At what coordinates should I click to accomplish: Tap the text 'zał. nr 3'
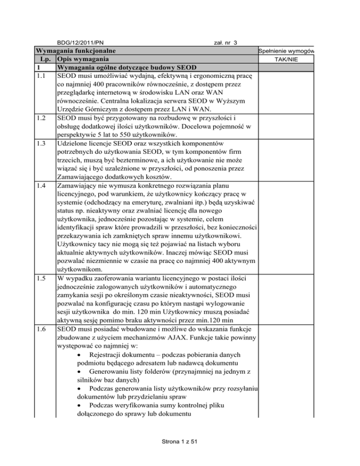pyautogui.click(x=222, y=43)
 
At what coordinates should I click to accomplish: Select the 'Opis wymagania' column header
pyautogui.click(x=83, y=59)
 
